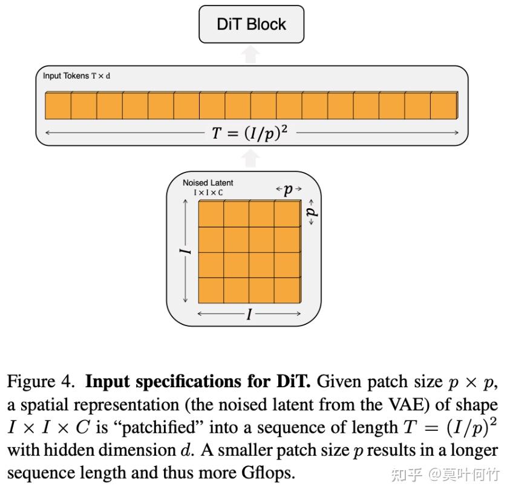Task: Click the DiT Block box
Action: pos(251,24)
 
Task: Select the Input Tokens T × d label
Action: pos(76,76)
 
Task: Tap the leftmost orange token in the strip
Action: pos(58,105)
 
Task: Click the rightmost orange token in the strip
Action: pos(443,105)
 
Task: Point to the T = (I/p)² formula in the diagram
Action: pos(249,133)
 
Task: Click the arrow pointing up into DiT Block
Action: pos(252,54)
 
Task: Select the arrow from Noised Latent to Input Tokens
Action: pos(252,159)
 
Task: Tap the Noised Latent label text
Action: pos(207,183)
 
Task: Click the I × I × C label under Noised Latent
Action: pos(207,192)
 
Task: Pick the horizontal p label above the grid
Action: pos(289,189)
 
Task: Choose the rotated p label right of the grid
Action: pos(311,212)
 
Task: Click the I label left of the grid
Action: pos(187,251)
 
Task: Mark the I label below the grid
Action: pos(249,314)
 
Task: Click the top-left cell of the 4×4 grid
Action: pos(211,214)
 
